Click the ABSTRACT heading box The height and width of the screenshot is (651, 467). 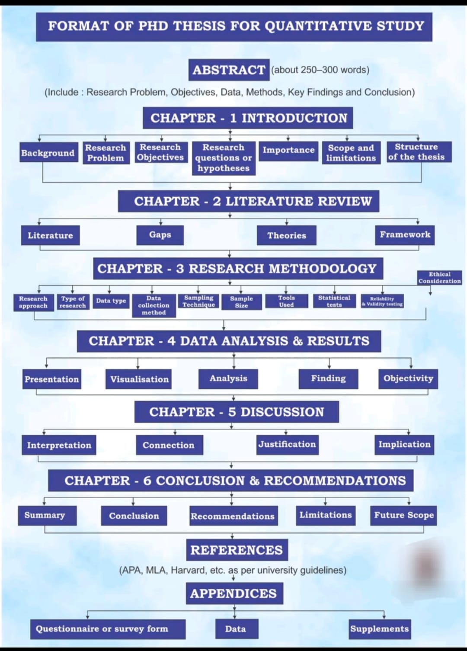pyautogui.click(x=229, y=70)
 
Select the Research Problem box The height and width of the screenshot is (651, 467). pyautogui.click(x=106, y=153)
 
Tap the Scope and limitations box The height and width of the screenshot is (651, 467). pyautogui.click(x=351, y=153)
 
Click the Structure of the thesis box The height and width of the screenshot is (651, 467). pyautogui.click(x=416, y=152)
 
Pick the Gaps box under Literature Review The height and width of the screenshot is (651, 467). pyautogui.click(x=160, y=235)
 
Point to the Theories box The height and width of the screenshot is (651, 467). pyautogui.click(x=286, y=235)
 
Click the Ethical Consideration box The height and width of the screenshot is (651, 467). pyautogui.click(x=439, y=278)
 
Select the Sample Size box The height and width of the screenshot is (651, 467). pyautogui.click(x=241, y=302)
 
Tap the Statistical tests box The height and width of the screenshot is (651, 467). pyautogui.click(x=334, y=301)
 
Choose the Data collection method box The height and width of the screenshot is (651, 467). pyautogui.click(x=154, y=305)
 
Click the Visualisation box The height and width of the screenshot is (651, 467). pyautogui.click(x=139, y=379)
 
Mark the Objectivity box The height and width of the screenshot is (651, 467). pyautogui.click(x=408, y=378)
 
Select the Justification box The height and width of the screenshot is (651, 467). pyautogui.click(x=287, y=445)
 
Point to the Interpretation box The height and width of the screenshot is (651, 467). pyautogui.click(x=59, y=446)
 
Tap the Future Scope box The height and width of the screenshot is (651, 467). pyautogui.click(x=403, y=515)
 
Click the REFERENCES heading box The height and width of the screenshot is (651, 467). pyautogui.click(x=237, y=550)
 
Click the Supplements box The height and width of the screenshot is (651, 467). pyautogui.click(x=379, y=629)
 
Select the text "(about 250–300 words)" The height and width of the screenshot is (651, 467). pyautogui.click(x=320, y=70)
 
